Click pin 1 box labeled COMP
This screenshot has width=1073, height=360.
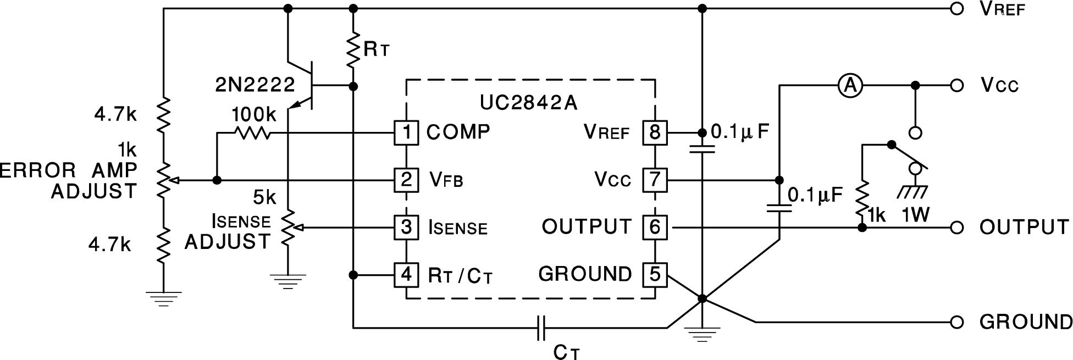(x=406, y=132)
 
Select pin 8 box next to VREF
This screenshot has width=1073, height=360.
(x=654, y=132)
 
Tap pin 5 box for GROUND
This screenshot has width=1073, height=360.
(x=654, y=274)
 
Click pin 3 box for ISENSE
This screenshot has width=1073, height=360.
(x=406, y=227)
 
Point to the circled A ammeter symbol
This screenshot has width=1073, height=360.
(x=850, y=86)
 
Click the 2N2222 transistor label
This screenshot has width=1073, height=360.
(x=255, y=85)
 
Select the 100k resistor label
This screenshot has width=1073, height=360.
(x=254, y=115)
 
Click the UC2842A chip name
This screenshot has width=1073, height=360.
(x=529, y=103)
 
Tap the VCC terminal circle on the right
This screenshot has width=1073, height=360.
(x=957, y=86)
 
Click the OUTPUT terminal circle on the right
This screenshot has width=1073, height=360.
(x=957, y=227)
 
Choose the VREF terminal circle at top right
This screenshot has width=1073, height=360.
(x=957, y=9)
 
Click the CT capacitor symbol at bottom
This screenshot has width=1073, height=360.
(x=541, y=328)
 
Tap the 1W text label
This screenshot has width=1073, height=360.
(x=915, y=215)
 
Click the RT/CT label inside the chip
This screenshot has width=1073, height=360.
(x=460, y=275)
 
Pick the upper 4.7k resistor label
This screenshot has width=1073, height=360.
(x=115, y=115)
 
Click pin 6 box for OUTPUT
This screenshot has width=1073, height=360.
(x=654, y=227)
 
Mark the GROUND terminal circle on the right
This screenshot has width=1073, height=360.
(x=957, y=322)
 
